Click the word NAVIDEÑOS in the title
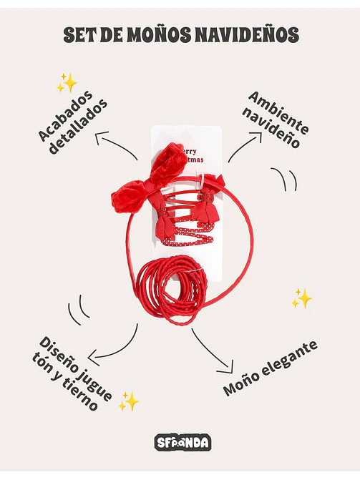pos(247,34)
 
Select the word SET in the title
pos(79,34)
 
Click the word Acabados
pos(66,116)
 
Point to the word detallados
pos(79,127)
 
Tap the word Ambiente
pos(279,112)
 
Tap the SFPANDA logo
pos(183,442)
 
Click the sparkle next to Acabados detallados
pos(67,83)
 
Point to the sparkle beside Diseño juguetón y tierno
pos(129,401)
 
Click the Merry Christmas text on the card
pos(193,155)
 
